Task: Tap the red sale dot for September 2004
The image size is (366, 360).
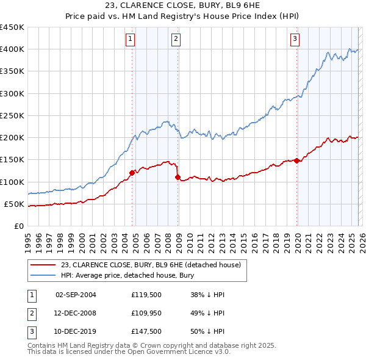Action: point(132,173)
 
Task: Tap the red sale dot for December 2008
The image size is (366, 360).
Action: point(178,178)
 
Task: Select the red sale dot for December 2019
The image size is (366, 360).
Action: point(297,160)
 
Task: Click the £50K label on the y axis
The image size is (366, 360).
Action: point(14,204)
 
